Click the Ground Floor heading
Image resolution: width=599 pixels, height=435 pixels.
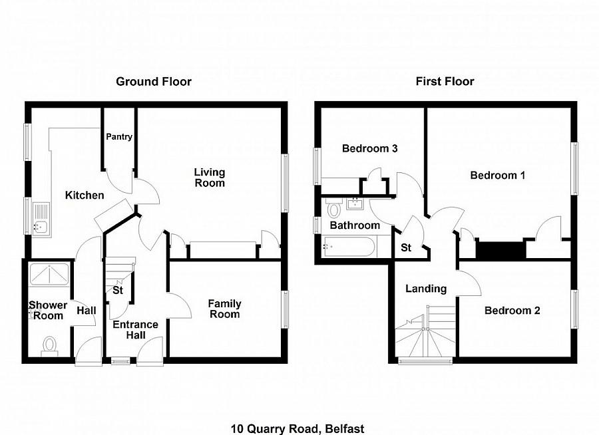pos(154,82)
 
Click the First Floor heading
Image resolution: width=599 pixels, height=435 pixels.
pos(445,82)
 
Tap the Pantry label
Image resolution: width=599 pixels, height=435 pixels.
pos(120,137)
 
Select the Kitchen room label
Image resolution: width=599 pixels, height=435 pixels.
pos(85,196)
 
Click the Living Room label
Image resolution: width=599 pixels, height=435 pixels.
pos(210,178)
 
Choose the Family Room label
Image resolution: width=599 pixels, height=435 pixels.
pos(224,309)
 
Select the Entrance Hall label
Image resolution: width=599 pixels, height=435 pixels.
pos(135,330)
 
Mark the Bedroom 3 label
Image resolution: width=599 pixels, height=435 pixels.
pos(369,149)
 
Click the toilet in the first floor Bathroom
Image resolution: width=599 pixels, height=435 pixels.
pos(333,210)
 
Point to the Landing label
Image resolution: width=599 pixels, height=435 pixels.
pos(426,289)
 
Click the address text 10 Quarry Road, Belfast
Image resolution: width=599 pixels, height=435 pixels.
pos(298,429)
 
